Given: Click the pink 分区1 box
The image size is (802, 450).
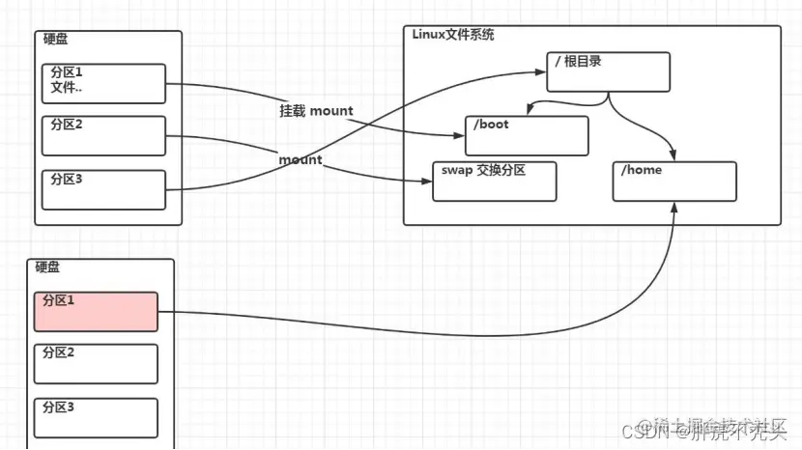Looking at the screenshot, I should click(x=96, y=312).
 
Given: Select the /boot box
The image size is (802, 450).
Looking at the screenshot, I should click(x=527, y=135).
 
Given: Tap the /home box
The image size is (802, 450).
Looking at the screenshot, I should click(x=674, y=181).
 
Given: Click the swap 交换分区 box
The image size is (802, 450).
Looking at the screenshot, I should click(x=495, y=181).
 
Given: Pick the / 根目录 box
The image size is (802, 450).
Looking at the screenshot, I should click(x=608, y=72).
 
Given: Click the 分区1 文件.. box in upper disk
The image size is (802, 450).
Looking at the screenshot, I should click(x=104, y=83).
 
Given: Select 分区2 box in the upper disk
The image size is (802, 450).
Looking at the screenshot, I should click(x=104, y=135).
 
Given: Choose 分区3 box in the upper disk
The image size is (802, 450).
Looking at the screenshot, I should click(x=104, y=189).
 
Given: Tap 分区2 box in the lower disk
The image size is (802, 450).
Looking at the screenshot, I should click(x=96, y=363).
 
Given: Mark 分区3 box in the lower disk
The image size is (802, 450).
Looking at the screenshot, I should click(x=96, y=417).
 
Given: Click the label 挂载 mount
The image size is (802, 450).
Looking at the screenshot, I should click(x=317, y=111).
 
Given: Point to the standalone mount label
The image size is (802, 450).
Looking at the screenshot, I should click(x=301, y=158).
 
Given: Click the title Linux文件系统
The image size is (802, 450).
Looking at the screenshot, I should click(x=453, y=35).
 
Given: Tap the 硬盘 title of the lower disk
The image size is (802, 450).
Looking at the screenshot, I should click(x=48, y=267).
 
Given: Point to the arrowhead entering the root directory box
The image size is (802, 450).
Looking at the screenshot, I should click(x=541, y=70).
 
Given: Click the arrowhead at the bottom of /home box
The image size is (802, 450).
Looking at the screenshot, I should click(x=673, y=206).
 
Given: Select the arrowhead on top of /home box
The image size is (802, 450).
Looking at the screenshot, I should click(x=673, y=156).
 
